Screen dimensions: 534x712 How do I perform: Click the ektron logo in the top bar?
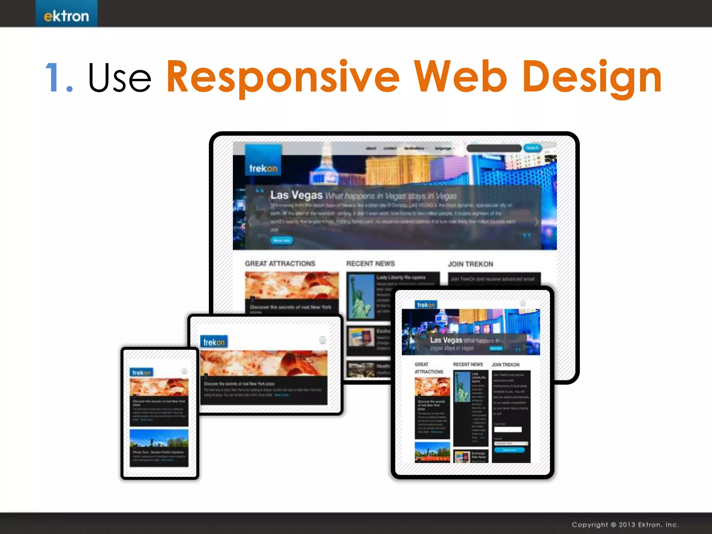pos(66,16)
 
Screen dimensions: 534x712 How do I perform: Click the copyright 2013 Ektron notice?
pos(625,525)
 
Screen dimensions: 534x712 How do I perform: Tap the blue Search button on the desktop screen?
pos(532,148)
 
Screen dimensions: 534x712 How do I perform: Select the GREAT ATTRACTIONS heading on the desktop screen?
pos(280,264)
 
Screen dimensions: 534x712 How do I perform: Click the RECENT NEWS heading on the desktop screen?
pos(370,264)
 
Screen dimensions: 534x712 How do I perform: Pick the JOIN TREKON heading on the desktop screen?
pos(470,264)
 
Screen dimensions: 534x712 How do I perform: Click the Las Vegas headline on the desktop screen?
pos(296,195)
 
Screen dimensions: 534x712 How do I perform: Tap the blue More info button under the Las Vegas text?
pos(282,241)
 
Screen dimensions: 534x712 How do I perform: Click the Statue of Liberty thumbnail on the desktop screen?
pos(361,296)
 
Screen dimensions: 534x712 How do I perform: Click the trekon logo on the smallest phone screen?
pos(141,373)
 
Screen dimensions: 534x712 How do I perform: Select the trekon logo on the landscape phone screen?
pos(214,342)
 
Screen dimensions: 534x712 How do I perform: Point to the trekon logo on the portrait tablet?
pos(426,305)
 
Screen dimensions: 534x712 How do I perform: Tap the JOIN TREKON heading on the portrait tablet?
pos(505,365)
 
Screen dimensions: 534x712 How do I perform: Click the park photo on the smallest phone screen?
pos(159,439)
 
